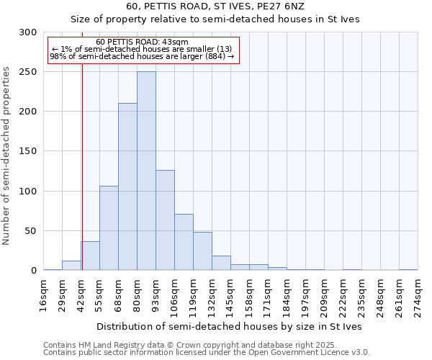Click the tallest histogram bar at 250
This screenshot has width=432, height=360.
pyautogui.click(x=146, y=171)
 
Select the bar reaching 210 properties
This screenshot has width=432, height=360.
pyautogui.click(x=127, y=186)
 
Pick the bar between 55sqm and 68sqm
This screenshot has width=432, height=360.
pyautogui.click(x=109, y=228)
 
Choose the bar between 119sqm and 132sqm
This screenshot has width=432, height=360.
pyautogui.click(x=202, y=251)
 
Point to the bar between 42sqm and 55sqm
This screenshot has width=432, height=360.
pyautogui.click(x=90, y=256)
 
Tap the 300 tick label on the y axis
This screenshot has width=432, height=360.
pyautogui.click(x=28, y=32)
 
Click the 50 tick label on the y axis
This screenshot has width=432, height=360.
pyautogui.click(x=31, y=231)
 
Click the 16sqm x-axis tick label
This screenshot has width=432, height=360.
pyautogui.click(x=44, y=291)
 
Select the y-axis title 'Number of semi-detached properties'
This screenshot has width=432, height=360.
pyautogui.click(x=6, y=156)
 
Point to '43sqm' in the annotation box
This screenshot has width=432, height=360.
pyautogui.click(x=175, y=42)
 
